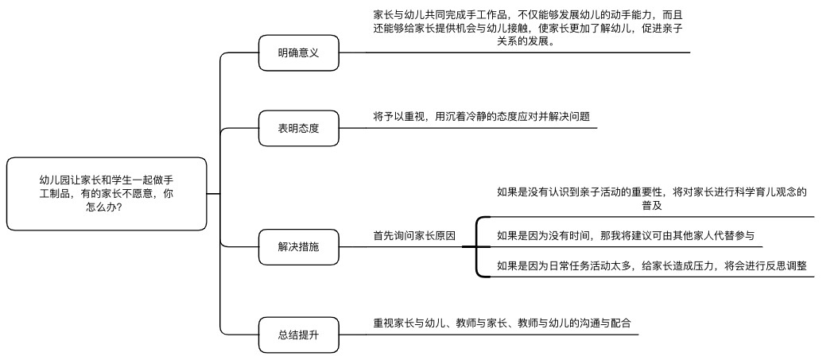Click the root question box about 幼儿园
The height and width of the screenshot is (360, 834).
[x=106, y=194]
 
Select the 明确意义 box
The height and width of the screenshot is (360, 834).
[x=299, y=53]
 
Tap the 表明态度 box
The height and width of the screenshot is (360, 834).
[x=299, y=128]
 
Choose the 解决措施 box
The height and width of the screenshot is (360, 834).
[x=299, y=247]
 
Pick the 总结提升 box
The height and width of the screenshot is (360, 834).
[x=299, y=335]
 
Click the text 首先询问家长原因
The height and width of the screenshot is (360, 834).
[x=414, y=236]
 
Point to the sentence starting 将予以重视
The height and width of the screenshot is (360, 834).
[x=481, y=116]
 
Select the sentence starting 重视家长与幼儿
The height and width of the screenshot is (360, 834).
[x=502, y=323]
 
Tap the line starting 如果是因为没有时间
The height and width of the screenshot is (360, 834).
[x=625, y=235]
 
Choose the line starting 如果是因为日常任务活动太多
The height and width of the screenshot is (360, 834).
[x=651, y=266]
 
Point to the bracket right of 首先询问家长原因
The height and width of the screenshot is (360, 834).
[x=477, y=246]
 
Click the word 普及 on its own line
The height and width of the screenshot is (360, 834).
[x=652, y=205]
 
